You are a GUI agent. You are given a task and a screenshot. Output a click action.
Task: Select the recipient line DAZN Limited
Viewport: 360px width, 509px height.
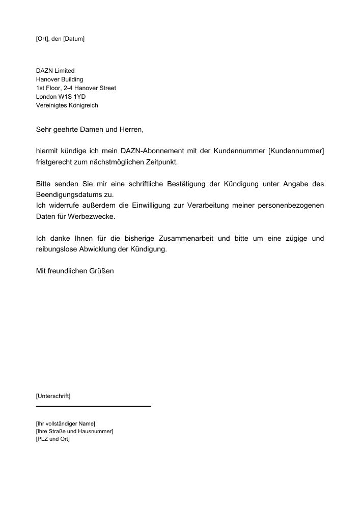55,71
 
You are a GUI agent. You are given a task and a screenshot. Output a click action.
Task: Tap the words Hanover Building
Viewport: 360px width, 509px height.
59,79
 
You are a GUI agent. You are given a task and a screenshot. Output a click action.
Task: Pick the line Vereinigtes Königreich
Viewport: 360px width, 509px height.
67,105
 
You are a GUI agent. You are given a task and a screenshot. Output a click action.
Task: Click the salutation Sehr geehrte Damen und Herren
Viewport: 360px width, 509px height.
90,130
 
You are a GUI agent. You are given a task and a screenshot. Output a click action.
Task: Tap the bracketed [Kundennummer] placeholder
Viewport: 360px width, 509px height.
296,151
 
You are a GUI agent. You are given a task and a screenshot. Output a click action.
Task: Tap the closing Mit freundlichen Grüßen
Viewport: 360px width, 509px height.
75,271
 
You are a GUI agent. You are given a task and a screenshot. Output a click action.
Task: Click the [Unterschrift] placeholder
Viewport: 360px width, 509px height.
53,395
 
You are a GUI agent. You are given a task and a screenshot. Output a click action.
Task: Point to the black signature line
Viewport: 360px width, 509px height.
94,406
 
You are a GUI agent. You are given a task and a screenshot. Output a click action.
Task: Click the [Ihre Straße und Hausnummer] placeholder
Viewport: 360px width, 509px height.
74,431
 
